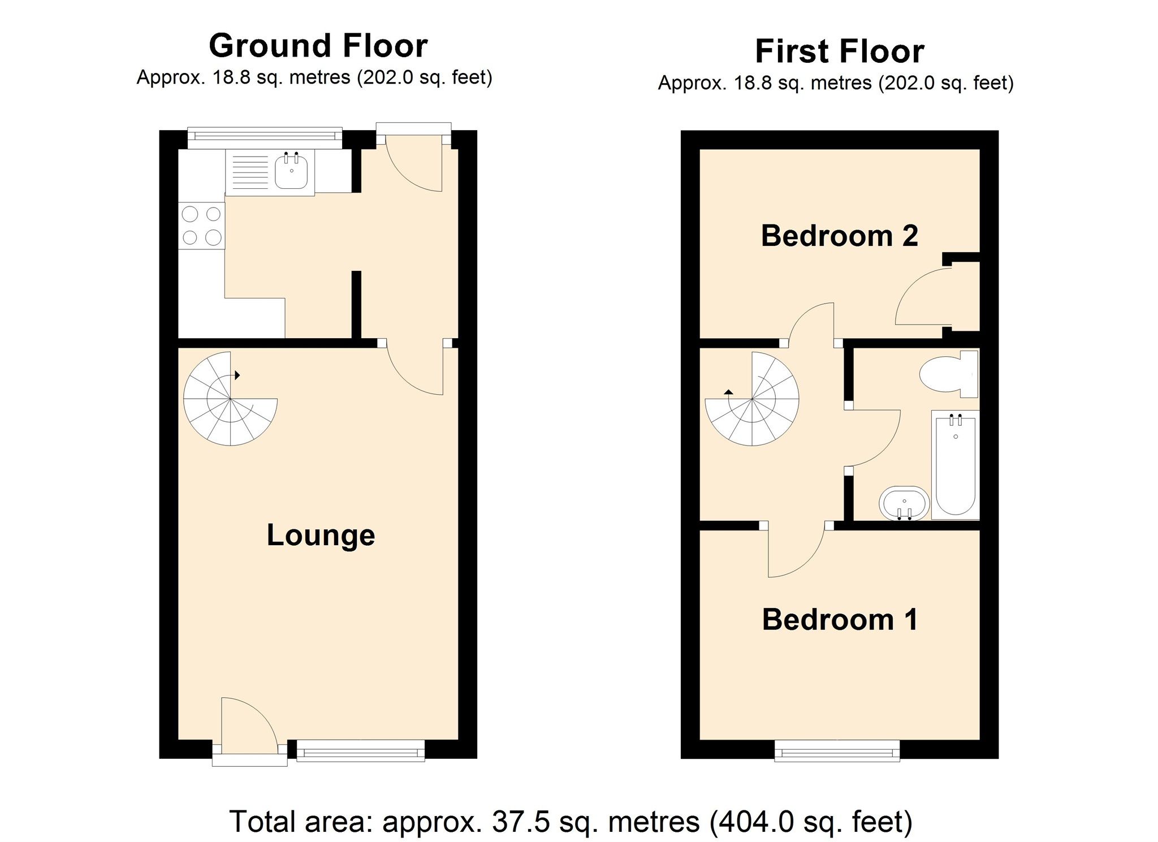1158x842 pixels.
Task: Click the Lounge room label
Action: pyautogui.click(x=321, y=535)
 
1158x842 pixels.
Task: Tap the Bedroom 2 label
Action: pyautogui.click(x=839, y=236)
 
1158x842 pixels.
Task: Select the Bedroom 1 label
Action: pyautogui.click(x=840, y=619)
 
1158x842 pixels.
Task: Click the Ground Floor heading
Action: pyautogui.click(x=318, y=46)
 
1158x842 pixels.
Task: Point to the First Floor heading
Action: pyautogui.click(x=840, y=51)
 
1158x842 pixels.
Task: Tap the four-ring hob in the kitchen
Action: pyautogui.click(x=202, y=226)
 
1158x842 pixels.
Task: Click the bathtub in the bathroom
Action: pyautogui.click(x=956, y=465)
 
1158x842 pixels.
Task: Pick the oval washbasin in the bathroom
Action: pyautogui.click(x=904, y=502)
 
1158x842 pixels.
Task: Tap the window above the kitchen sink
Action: pyautogui.click(x=265, y=136)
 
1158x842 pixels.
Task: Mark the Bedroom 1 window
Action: pyautogui.click(x=837, y=752)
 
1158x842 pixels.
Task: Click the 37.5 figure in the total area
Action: pyautogui.click(x=521, y=821)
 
